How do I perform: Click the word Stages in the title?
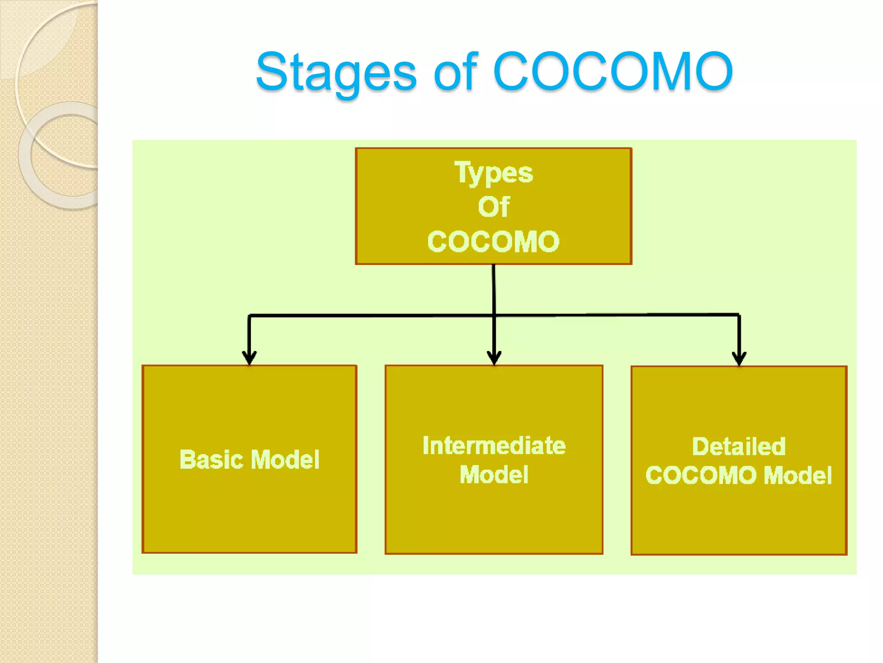336,72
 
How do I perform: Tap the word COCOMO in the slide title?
612,72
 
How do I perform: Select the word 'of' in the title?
456,72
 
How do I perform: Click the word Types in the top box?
494,173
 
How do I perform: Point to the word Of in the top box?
494,207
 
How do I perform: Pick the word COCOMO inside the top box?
494,241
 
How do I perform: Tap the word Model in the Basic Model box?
285,459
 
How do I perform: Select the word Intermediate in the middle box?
494,445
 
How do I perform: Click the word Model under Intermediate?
494,475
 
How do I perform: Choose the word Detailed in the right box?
739,446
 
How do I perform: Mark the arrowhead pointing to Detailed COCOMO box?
739,358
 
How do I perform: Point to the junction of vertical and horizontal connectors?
494,316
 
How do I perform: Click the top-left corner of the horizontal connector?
250,316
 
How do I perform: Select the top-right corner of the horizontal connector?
739,315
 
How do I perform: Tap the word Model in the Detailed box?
797,475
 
